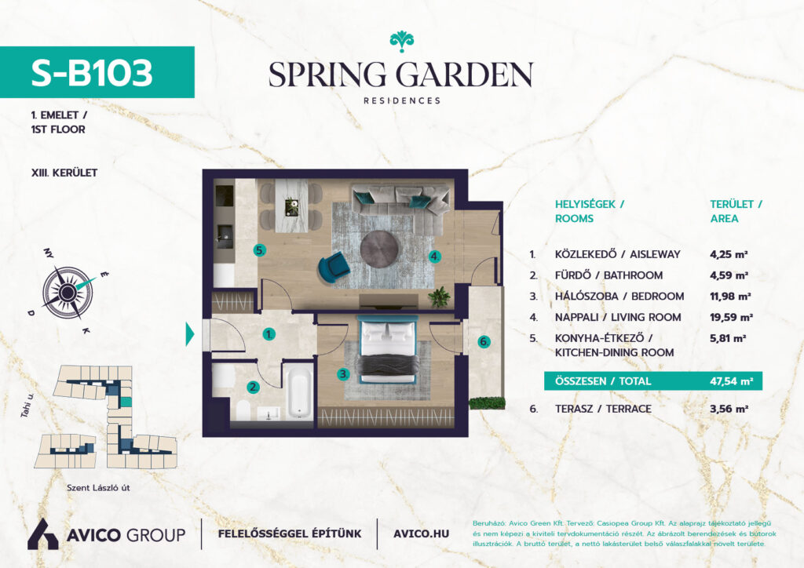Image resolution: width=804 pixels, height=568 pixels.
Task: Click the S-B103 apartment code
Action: [92, 73]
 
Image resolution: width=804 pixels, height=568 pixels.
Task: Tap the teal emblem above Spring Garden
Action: [401, 42]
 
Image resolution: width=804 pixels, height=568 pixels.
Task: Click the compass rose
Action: [68, 293]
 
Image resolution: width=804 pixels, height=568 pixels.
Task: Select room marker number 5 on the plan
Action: [259, 250]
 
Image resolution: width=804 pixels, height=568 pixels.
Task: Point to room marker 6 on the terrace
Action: [484, 341]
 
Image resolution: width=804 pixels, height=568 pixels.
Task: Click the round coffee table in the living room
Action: [379, 249]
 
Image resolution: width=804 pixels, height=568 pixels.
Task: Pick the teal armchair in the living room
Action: [333, 266]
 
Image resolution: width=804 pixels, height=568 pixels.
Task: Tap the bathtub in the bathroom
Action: [299, 391]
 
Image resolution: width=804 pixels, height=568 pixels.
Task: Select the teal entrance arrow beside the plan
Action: [190, 334]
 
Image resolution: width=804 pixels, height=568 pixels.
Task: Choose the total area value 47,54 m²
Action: [731, 381]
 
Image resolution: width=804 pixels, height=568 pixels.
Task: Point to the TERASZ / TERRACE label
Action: [603, 410]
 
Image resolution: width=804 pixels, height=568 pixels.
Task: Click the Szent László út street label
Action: [98, 488]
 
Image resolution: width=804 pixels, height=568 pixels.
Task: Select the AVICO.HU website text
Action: [421, 534]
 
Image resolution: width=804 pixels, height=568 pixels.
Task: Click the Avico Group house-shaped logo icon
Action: [42, 534]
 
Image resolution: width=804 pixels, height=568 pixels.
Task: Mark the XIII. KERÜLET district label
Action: [64, 173]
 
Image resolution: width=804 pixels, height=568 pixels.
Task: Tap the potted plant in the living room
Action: [440, 297]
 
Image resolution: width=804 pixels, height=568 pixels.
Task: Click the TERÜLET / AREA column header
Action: [736, 211]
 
